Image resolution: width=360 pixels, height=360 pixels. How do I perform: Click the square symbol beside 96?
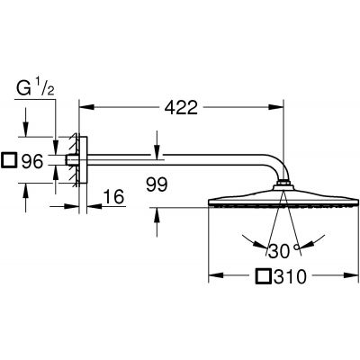click(x=11, y=163)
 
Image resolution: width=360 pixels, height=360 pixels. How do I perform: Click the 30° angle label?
click(x=283, y=249)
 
